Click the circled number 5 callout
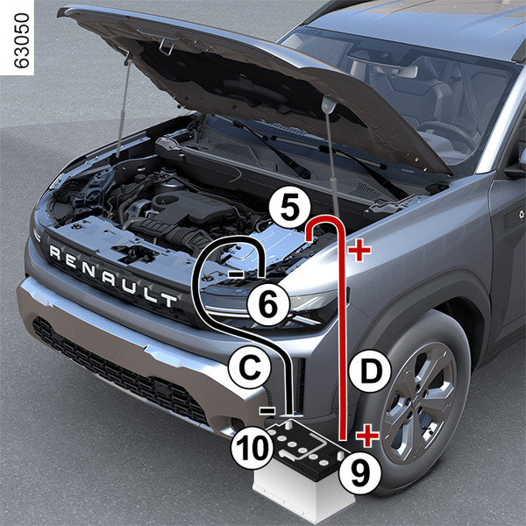tap(290, 208)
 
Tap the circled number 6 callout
tap(268, 305)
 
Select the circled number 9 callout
tap(360, 473)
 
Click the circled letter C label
tap(249, 367)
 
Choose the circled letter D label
tap(370, 372)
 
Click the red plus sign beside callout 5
tap(359, 250)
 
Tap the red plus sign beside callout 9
tap(367, 436)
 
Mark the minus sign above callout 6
tap(237, 274)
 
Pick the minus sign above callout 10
tap(267, 410)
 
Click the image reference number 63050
tap(22, 40)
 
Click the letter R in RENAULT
tap(55, 253)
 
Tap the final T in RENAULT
tap(168, 299)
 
